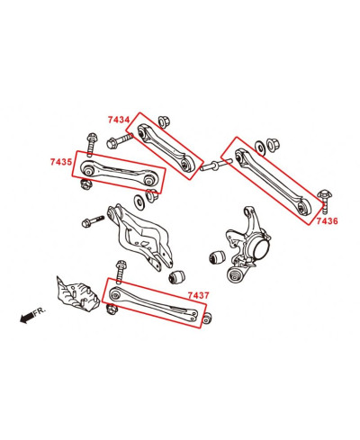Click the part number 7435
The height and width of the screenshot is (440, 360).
click(x=62, y=163)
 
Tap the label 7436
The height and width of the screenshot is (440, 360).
click(x=328, y=220)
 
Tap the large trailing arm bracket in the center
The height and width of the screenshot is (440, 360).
click(x=144, y=236)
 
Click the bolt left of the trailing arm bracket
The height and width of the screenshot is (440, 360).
click(x=94, y=220)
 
